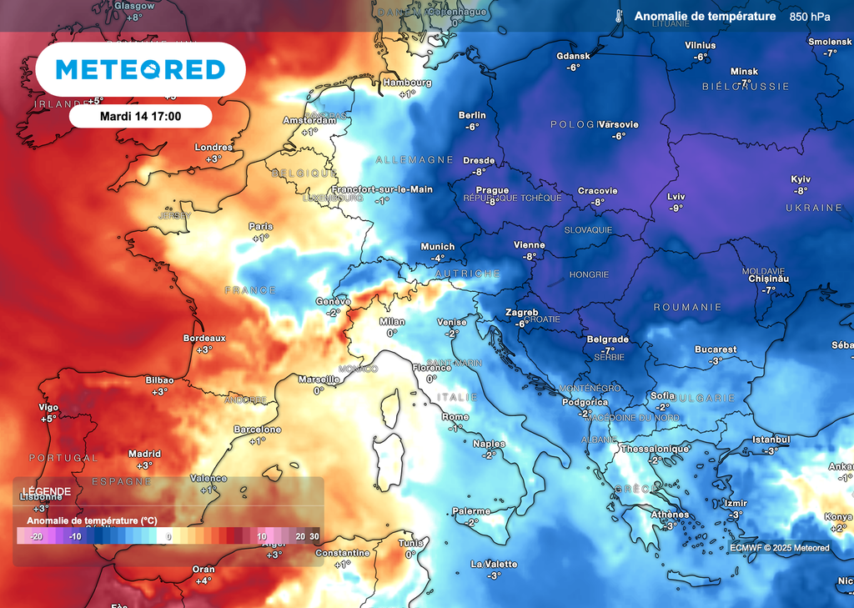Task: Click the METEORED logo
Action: click(x=140, y=69)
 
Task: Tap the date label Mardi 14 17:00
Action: click(x=140, y=116)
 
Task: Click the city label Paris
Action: click(x=261, y=226)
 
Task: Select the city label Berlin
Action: click(x=472, y=115)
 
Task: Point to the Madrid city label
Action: click(x=144, y=454)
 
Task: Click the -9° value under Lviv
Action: click(x=676, y=208)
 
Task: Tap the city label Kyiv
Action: click(x=801, y=179)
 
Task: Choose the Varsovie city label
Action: click(x=618, y=124)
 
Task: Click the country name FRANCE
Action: click(x=250, y=290)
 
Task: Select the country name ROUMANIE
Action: click(x=687, y=307)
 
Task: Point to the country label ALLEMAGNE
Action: click(x=414, y=159)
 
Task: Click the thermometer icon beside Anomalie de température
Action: click(x=618, y=17)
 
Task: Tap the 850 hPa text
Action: click(x=810, y=17)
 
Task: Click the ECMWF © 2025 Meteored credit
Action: click(x=780, y=548)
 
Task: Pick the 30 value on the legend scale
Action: click(x=314, y=536)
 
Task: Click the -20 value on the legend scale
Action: click(x=35, y=536)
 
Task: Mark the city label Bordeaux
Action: click(x=205, y=338)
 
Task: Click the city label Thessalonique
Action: click(x=655, y=449)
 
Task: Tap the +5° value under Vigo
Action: click(x=48, y=419)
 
